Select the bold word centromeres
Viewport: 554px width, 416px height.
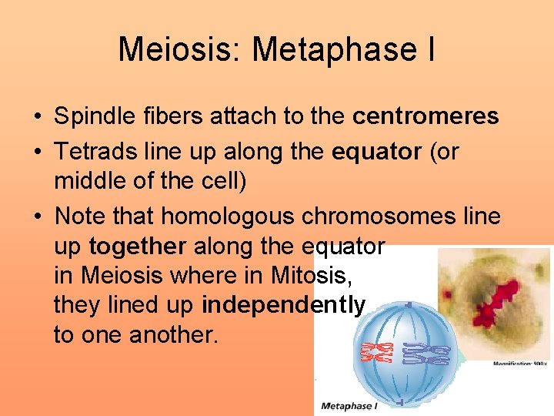426,117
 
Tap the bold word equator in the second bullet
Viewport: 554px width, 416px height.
376,152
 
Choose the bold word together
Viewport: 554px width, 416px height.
138,247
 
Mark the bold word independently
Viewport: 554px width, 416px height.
283,306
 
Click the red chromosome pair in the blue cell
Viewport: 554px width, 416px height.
377,352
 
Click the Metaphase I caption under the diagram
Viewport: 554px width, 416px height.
349,406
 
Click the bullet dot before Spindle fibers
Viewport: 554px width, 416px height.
37,118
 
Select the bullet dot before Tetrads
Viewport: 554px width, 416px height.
37,153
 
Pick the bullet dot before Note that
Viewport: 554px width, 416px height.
37,217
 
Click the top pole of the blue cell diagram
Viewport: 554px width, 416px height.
406,304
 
